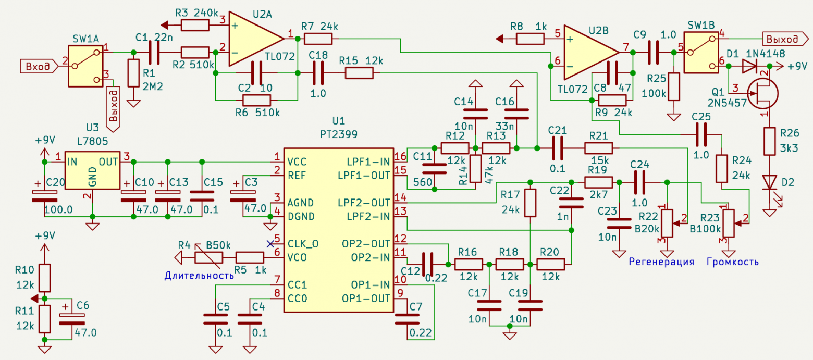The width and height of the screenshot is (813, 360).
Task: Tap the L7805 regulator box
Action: (x=92, y=170)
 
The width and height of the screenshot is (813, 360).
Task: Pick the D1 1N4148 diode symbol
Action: (x=750, y=66)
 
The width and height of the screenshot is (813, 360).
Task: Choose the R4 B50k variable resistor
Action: (x=208, y=257)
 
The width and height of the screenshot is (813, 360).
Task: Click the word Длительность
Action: (x=199, y=275)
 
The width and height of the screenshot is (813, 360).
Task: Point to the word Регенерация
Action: (x=661, y=262)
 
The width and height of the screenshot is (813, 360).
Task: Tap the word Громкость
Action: (x=732, y=262)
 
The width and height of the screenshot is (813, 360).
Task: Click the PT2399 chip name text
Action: (x=338, y=134)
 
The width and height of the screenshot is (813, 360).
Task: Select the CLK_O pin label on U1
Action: (x=305, y=243)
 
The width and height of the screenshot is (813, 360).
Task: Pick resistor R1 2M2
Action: (x=134, y=73)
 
